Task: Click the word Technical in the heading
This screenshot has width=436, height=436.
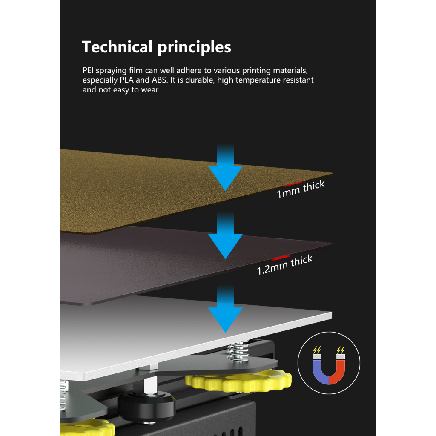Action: point(117,47)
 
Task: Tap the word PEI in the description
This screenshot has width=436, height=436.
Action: point(88,70)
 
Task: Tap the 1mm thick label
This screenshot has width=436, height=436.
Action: point(301,189)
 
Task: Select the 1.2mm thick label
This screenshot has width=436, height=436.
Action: point(284,265)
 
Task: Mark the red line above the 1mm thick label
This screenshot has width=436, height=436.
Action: point(294,183)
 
